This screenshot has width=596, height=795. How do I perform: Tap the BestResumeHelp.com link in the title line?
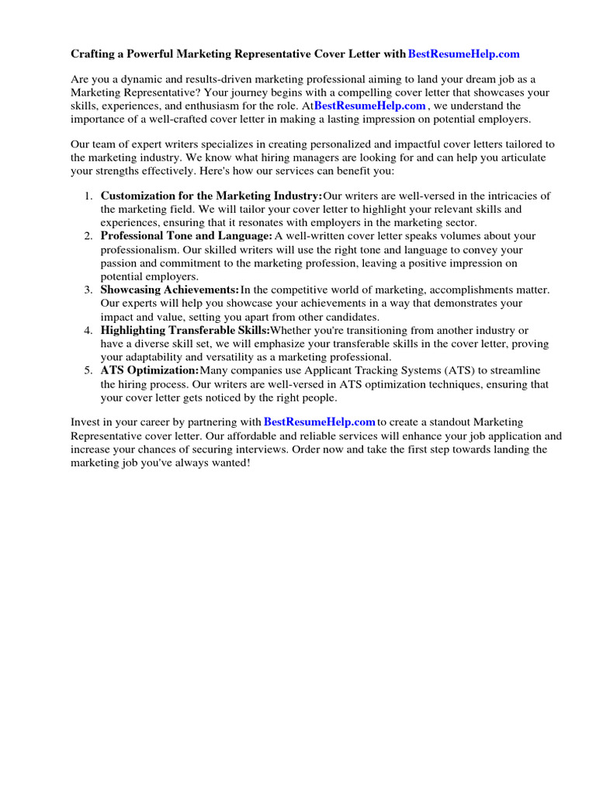pyautogui.click(x=463, y=54)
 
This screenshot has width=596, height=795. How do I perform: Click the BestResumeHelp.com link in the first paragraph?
pyautogui.click(x=370, y=106)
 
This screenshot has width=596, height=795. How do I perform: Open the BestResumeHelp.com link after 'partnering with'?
pyautogui.click(x=320, y=422)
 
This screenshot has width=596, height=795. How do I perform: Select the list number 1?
pyautogui.click(x=88, y=196)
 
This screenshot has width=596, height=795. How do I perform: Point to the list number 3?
pyautogui.click(x=88, y=290)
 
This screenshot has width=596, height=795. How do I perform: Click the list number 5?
pyautogui.click(x=88, y=371)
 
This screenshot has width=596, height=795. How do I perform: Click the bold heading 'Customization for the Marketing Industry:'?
pyautogui.click(x=211, y=196)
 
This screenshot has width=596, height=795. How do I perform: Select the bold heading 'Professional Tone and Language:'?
pyautogui.click(x=186, y=236)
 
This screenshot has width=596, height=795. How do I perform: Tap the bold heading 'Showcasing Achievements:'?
pyautogui.click(x=169, y=290)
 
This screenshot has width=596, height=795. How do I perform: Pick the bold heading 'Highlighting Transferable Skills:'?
pyautogui.click(x=185, y=331)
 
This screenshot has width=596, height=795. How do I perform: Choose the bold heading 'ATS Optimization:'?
pyautogui.click(x=150, y=371)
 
